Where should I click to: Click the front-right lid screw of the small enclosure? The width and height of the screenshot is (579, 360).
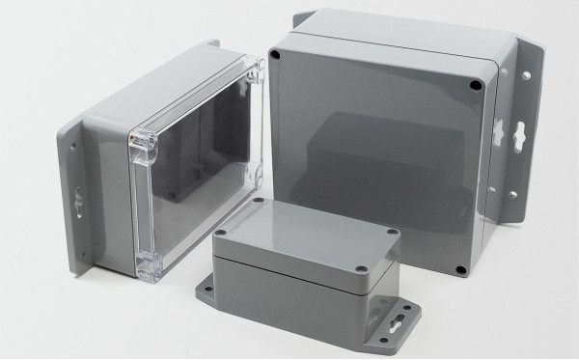pos(361,270)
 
